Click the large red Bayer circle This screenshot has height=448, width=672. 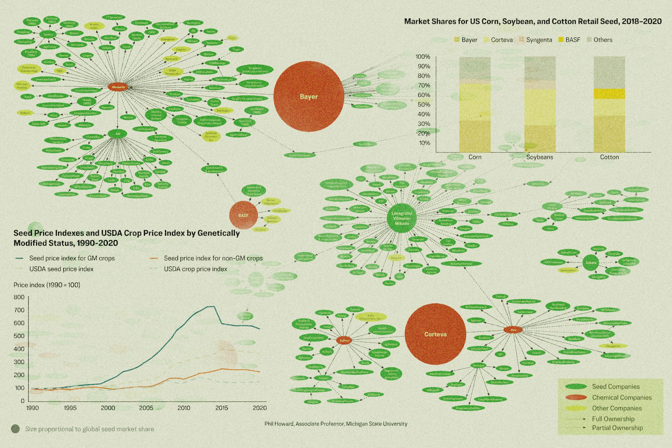click(x=309, y=96)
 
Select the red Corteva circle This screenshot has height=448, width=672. click(x=435, y=334)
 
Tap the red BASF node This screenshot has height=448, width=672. click(x=243, y=215)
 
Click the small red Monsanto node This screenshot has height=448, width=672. click(x=118, y=87)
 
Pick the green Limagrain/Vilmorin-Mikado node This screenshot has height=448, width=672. click(x=402, y=218)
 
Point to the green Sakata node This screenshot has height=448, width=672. click(x=591, y=262)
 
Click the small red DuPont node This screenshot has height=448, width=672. click(x=344, y=341)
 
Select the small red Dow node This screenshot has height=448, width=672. click(x=513, y=330)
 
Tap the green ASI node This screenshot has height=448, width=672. click(x=117, y=134)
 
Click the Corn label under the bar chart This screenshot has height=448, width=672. click(x=475, y=157)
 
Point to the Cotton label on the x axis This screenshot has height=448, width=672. click(x=610, y=157)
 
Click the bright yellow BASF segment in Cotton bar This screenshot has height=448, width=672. click(x=610, y=94)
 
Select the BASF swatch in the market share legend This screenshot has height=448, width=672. click(x=561, y=40)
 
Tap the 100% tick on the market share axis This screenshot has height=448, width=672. click(x=423, y=57)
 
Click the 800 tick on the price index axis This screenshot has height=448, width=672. click(x=19, y=297)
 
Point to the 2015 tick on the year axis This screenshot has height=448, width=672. click(x=222, y=408)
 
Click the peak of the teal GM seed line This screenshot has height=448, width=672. click(x=211, y=307)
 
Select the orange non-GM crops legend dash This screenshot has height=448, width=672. click(x=154, y=258)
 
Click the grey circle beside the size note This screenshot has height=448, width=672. click(x=15, y=429)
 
